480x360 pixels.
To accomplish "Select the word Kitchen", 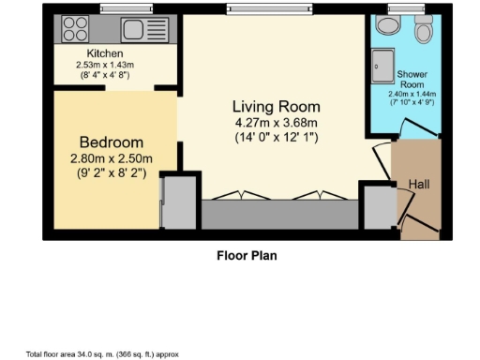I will click(105, 53).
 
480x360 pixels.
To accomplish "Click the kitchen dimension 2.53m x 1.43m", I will click(105, 64).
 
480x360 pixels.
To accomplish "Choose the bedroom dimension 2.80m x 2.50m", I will click(111, 157).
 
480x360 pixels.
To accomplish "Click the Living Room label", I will click(276, 106).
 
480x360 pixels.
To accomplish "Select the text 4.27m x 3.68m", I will click(276, 122).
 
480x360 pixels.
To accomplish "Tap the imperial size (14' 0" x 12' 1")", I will click(276, 138).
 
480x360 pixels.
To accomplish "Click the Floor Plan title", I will click(247, 254).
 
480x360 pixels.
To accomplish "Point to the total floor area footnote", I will click(102, 354).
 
